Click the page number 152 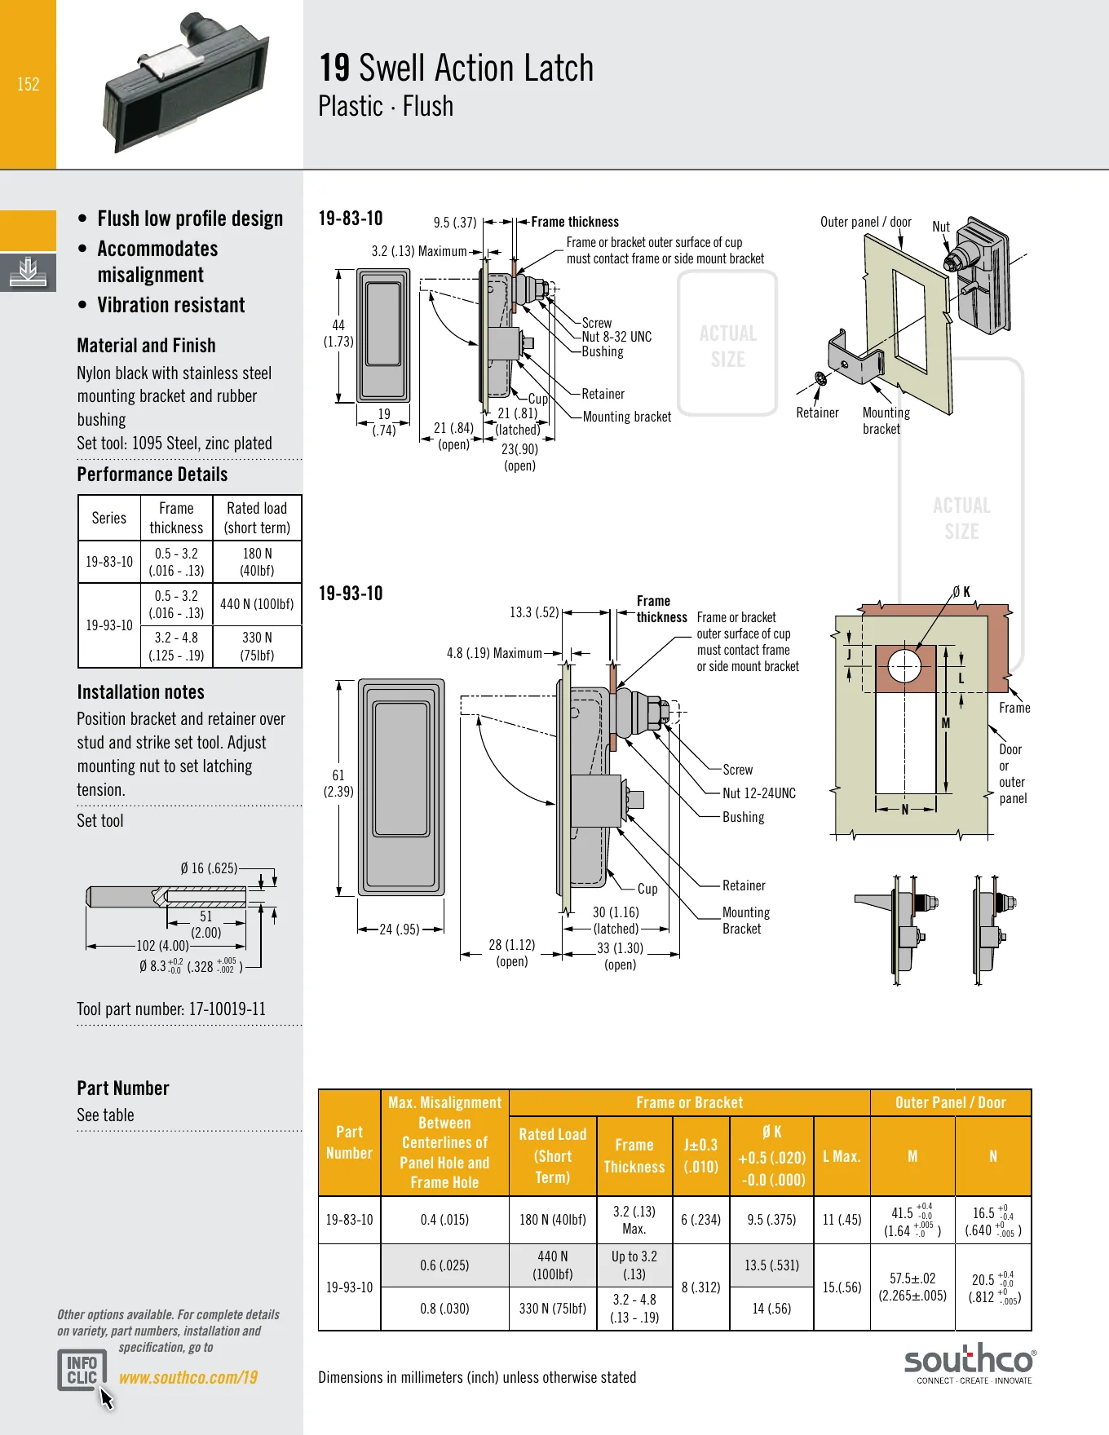(x=29, y=84)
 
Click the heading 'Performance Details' (x=152, y=475)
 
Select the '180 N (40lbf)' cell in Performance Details (x=258, y=562)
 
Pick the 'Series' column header (x=109, y=518)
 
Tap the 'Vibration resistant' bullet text (x=171, y=305)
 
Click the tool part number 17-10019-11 (x=228, y=1009)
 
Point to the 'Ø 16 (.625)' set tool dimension (x=209, y=868)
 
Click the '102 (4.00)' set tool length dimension (x=162, y=946)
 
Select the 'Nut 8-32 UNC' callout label (x=616, y=337)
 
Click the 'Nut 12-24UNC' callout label (x=759, y=793)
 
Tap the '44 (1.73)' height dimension (x=338, y=333)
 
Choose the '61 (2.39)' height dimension (x=338, y=784)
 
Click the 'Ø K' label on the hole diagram (x=961, y=592)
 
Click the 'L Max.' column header (x=842, y=1156)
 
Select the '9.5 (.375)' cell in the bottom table (x=771, y=1220)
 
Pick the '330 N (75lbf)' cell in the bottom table (x=553, y=1309)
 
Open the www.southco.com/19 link (x=188, y=1377)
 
